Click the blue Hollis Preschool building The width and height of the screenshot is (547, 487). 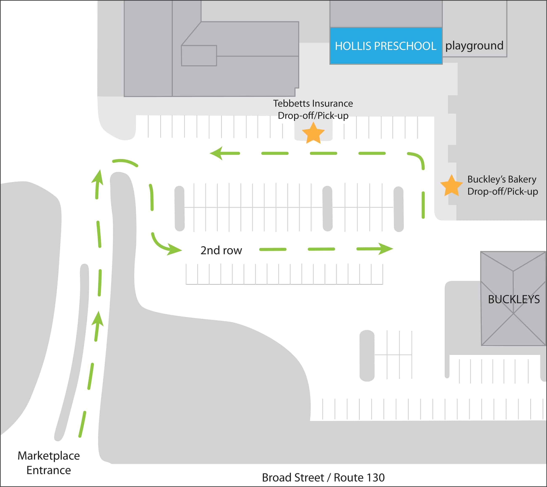click(x=386, y=46)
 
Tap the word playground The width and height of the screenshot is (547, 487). click(x=474, y=46)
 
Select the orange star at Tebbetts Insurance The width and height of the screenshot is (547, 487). click(x=313, y=133)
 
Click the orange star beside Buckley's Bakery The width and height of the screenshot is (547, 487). click(x=451, y=185)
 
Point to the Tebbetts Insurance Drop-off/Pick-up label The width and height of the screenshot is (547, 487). click(x=313, y=109)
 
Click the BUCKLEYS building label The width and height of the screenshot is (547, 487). click(x=514, y=299)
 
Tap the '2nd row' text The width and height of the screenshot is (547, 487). click(x=221, y=250)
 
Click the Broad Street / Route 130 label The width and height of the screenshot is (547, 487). click(x=323, y=477)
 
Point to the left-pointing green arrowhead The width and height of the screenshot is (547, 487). click(x=217, y=153)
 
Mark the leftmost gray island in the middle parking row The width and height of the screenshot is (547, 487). click(x=180, y=208)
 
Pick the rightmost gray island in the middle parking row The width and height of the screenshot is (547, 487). click(x=398, y=209)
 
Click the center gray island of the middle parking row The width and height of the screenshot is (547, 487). click(x=327, y=208)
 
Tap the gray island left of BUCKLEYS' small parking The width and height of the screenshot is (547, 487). click(x=367, y=356)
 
